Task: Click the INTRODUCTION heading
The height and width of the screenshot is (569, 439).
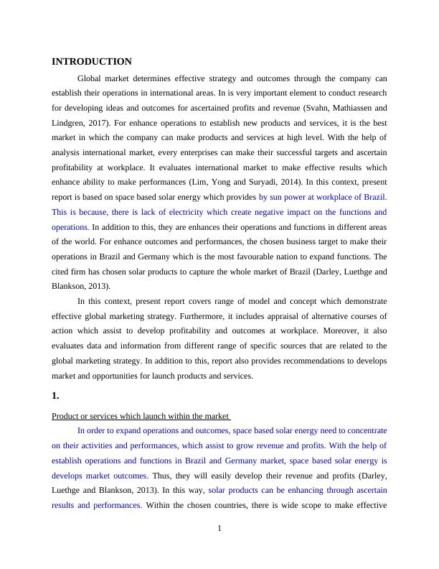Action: coord(92,62)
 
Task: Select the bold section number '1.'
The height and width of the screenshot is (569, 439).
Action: coord(56,395)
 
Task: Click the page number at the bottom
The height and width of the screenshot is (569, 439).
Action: coord(219,529)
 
